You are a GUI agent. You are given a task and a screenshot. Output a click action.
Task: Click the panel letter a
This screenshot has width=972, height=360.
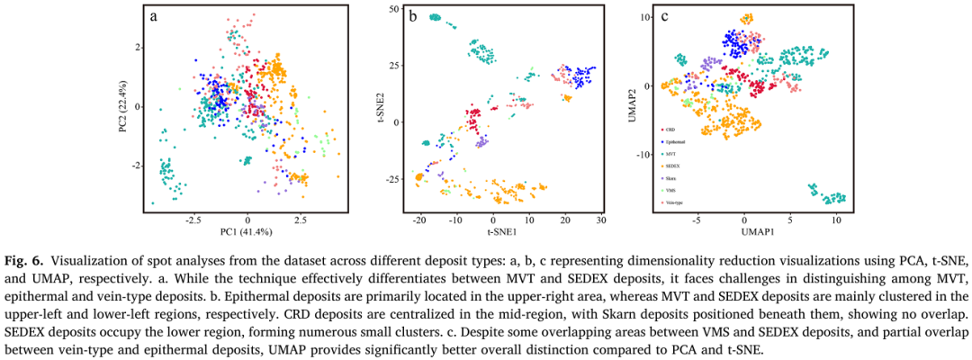click(x=154, y=16)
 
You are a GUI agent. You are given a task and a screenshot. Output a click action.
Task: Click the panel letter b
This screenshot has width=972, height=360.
click(x=412, y=16)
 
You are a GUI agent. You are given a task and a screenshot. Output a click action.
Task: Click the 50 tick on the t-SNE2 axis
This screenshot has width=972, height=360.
click(x=393, y=9)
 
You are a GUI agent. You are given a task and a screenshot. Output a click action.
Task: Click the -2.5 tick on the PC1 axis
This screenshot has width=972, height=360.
click(x=193, y=219)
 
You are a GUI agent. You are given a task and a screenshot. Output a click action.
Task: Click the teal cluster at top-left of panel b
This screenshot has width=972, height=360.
click(x=436, y=17)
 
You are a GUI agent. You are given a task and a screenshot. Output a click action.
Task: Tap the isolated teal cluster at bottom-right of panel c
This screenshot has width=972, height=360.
click(x=828, y=194)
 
